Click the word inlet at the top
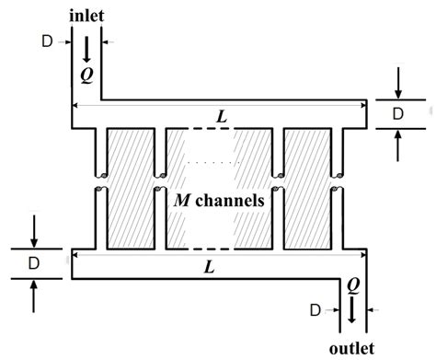point(88,16)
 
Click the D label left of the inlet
point(48,41)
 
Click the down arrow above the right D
point(397,83)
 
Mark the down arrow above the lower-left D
point(34,230)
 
